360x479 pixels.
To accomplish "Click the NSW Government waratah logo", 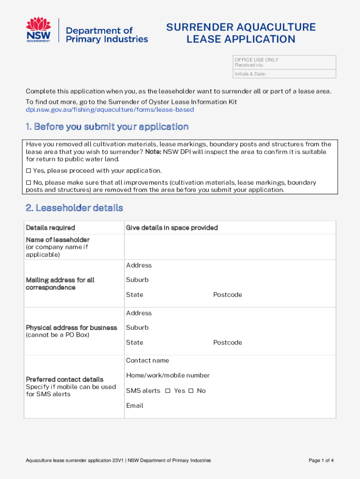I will click(38, 30).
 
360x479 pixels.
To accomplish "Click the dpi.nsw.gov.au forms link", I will click(109, 109).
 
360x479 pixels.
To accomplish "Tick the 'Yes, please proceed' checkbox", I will click(29, 171).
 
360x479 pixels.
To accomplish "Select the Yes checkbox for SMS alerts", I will click(168, 391).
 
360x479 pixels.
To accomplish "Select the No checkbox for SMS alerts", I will click(191, 391).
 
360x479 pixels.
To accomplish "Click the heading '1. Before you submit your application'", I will click(107, 127).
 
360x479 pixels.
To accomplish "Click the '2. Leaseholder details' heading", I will click(74, 208).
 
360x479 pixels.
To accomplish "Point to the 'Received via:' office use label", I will click(249, 65).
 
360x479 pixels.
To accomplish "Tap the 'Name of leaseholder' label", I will click(58, 240).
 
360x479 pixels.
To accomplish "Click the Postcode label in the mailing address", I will click(228, 295).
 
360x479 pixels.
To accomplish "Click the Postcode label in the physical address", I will click(228, 342).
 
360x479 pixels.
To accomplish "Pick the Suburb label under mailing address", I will click(137, 280).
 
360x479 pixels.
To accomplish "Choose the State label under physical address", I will click(135, 342).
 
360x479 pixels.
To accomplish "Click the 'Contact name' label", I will click(147, 361).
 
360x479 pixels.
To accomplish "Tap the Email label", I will click(135, 406).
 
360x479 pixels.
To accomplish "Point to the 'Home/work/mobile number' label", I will click(167, 376).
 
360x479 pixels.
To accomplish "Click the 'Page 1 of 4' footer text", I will click(321, 461).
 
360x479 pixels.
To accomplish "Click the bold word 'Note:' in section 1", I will click(154, 152).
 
